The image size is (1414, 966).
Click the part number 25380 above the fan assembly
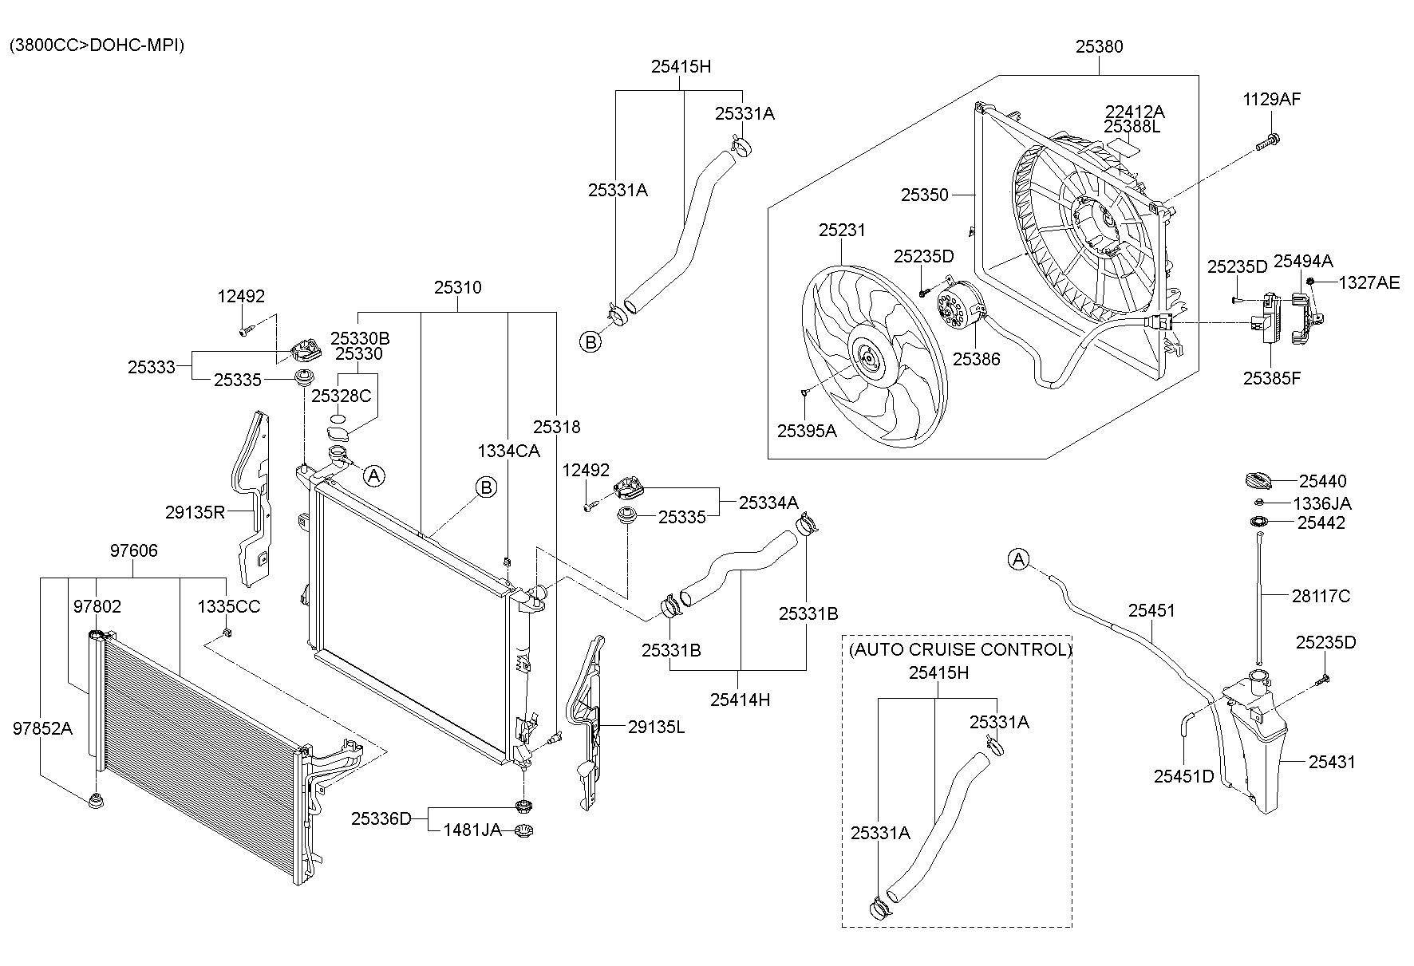pyautogui.click(x=1098, y=47)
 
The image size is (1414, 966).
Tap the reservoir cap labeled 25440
pyautogui.click(x=1260, y=481)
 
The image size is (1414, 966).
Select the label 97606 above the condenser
pyautogui.click(x=133, y=550)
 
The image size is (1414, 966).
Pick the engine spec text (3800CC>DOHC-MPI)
pyautogui.click(x=97, y=45)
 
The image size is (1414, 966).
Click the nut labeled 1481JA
pyautogui.click(x=523, y=830)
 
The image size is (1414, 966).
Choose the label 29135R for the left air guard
pyautogui.click(x=195, y=512)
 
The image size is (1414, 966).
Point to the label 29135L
pyautogui.click(x=656, y=727)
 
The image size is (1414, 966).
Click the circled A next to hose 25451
pyautogui.click(x=1018, y=559)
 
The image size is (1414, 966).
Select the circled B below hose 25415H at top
pyautogui.click(x=590, y=342)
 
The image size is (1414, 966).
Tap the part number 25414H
pyautogui.click(x=740, y=700)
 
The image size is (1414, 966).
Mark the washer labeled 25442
pyautogui.click(x=1259, y=522)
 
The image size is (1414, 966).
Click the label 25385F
pyautogui.click(x=1271, y=378)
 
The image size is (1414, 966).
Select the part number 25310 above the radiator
pyautogui.click(x=457, y=287)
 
